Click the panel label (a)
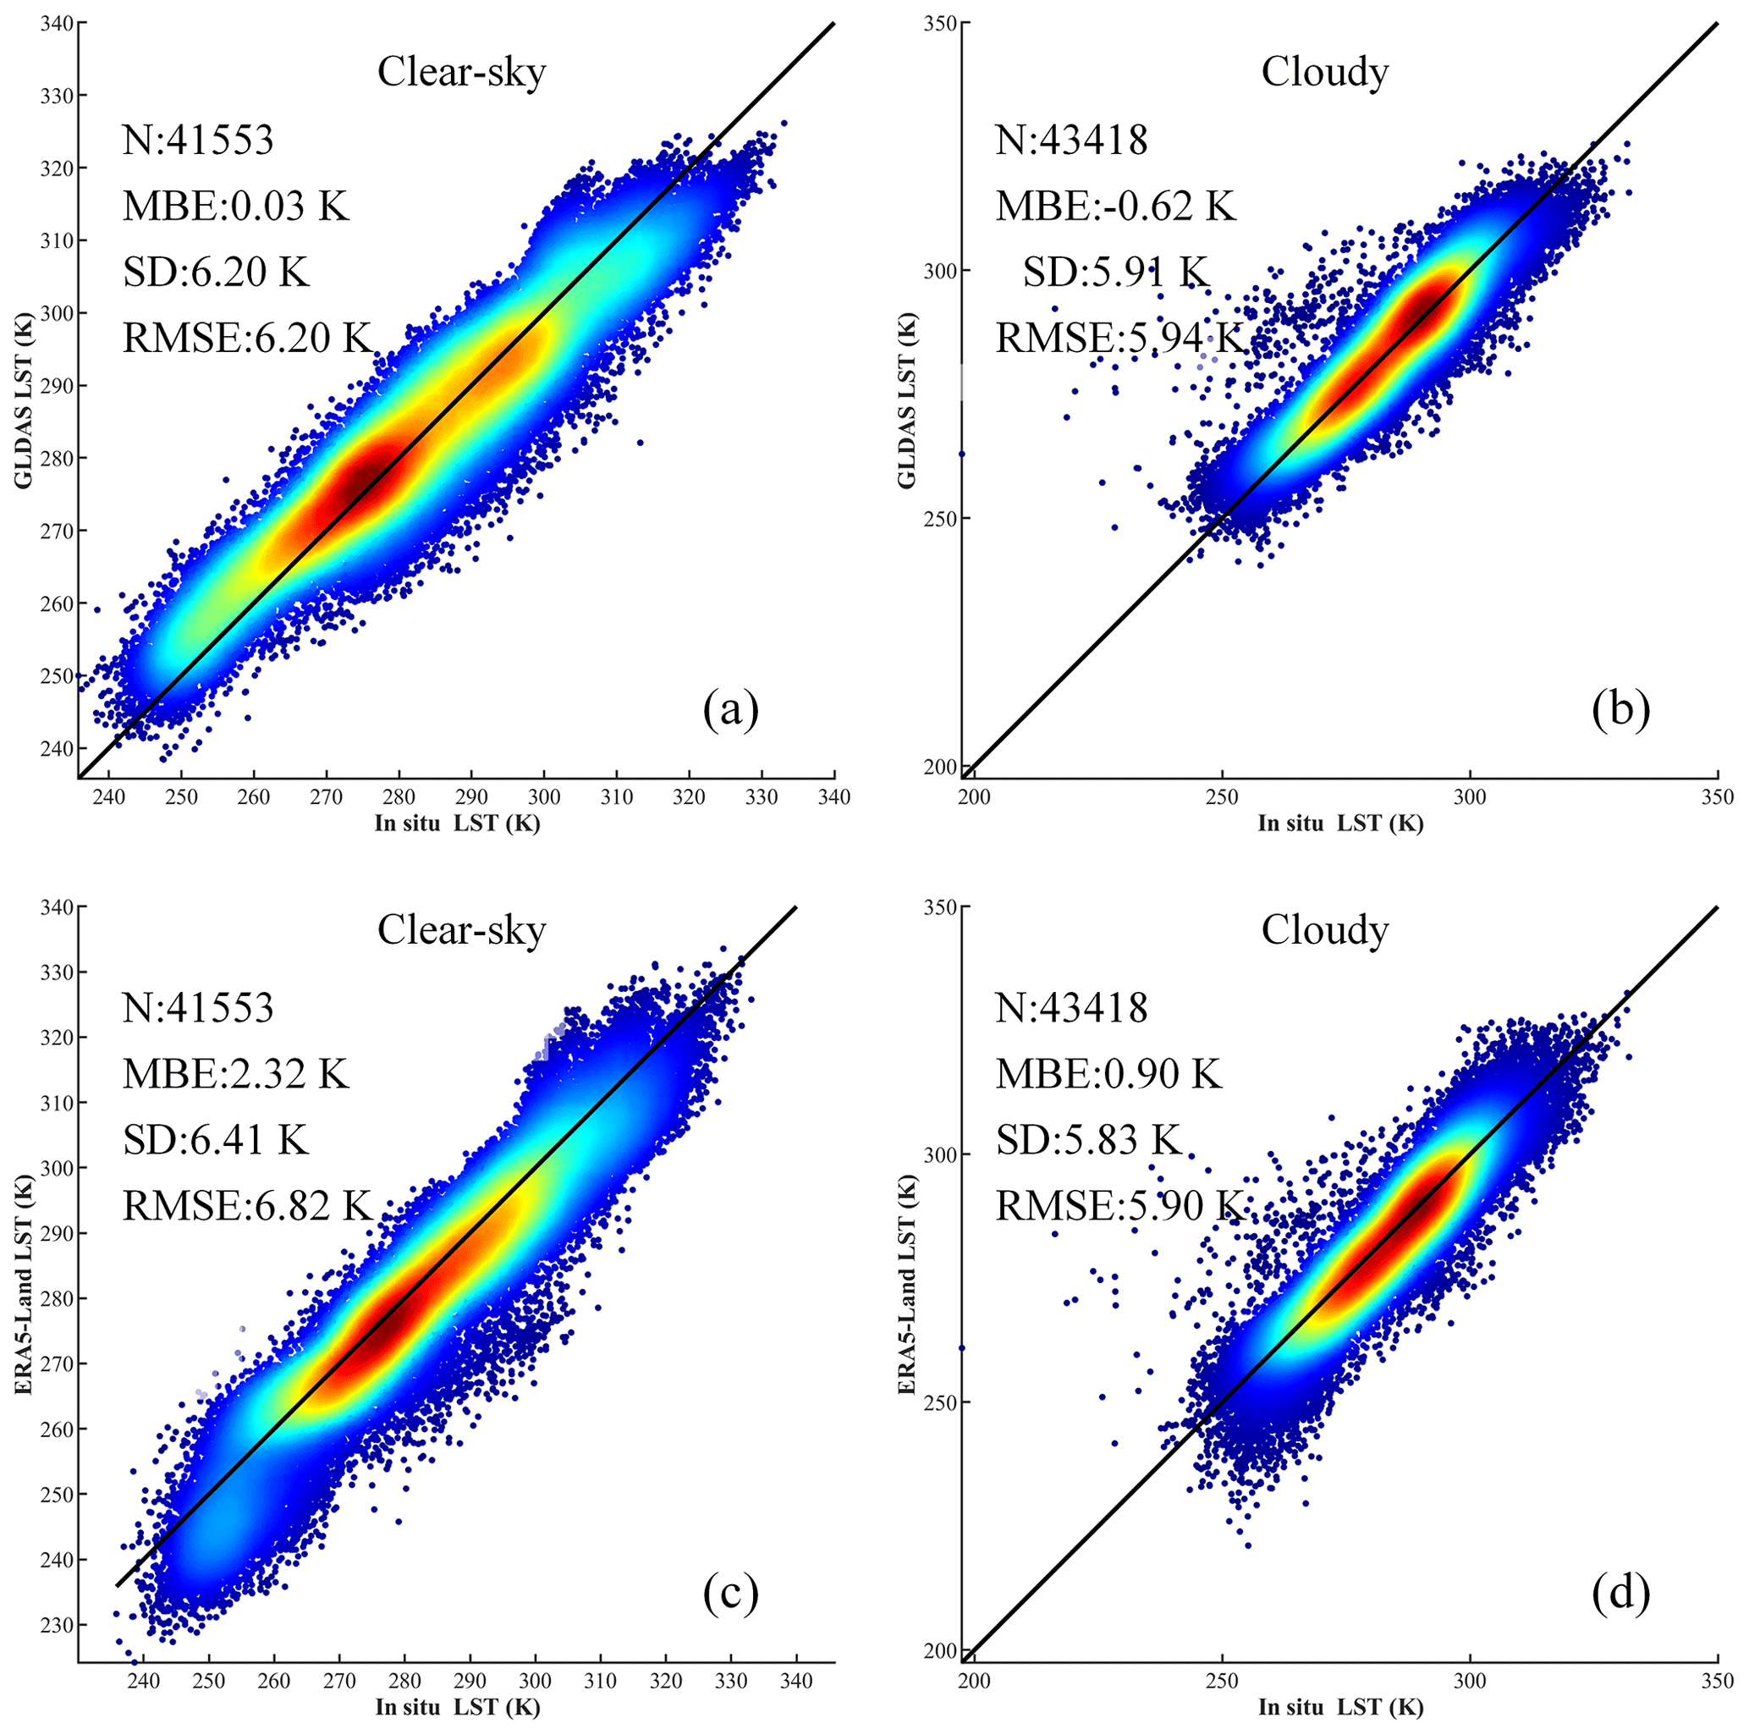(730, 708)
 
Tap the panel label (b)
(1620, 708)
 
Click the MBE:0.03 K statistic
(235, 207)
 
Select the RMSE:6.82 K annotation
(247, 1205)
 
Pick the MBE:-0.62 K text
(1115, 207)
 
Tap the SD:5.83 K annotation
(1089, 1139)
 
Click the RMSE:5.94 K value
(1119, 338)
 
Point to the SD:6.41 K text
(216, 1139)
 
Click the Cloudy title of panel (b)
(1324, 73)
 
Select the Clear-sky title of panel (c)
(462, 930)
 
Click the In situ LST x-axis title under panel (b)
(1339, 823)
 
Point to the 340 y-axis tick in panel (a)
(56, 23)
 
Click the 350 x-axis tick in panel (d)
(1718, 1682)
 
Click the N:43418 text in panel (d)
(1072, 1008)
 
